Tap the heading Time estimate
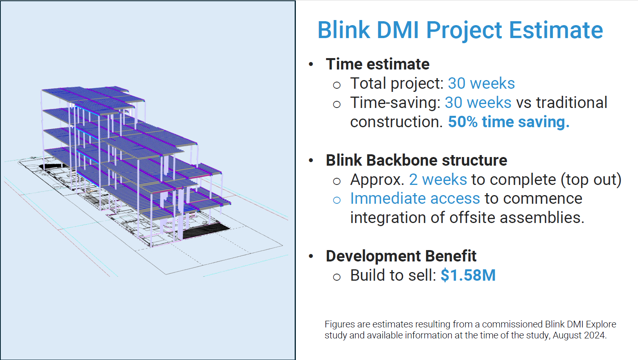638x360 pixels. click(x=377, y=64)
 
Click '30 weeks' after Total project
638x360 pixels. click(x=481, y=83)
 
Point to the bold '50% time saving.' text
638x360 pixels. click(x=509, y=122)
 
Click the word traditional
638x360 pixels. click(x=572, y=102)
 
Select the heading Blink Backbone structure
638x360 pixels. click(x=416, y=160)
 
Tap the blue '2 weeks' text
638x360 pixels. click(x=438, y=179)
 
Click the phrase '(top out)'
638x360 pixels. click(x=591, y=180)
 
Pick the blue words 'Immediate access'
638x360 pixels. click(x=415, y=198)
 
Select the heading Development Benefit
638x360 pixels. click(x=401, y=256)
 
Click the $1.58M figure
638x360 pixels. click(x=468, y=275)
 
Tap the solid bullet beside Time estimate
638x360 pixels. click(x=311, y=64)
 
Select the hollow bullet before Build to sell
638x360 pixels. click(x=337, y=277)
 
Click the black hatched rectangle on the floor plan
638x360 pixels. click(x=206, y=231)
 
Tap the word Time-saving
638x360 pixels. click(x=395, y=102)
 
